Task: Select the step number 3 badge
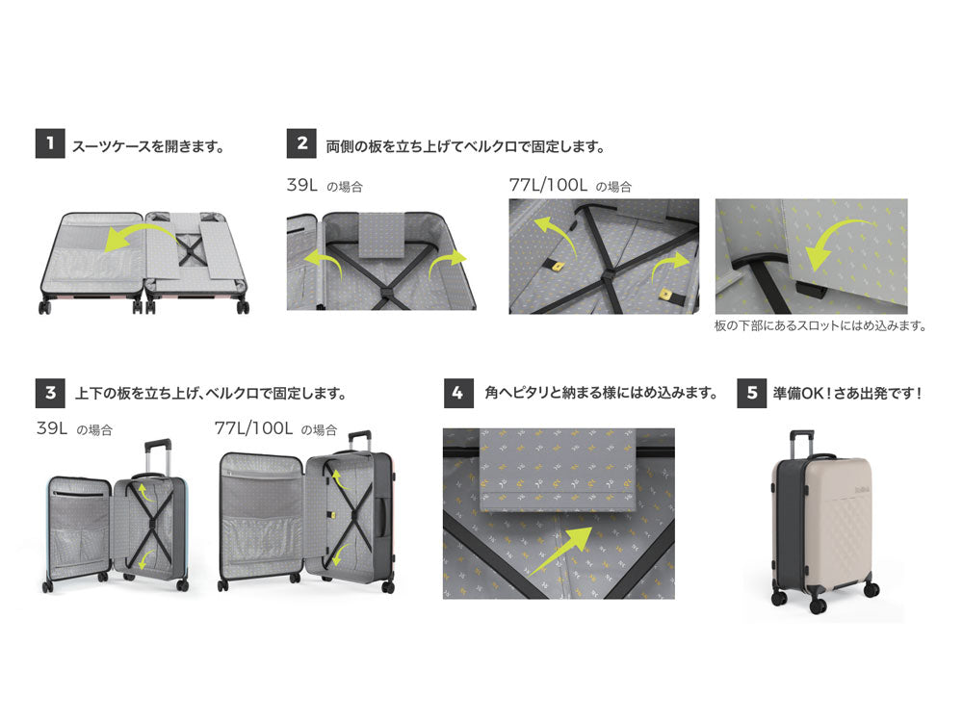point(49,393)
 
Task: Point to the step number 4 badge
point(458,393)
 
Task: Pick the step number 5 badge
point(751,393)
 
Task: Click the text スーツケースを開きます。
point(148,146)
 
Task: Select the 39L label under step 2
point(302,185)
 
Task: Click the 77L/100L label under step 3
point(254,428)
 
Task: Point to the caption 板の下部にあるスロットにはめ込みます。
point(820,325)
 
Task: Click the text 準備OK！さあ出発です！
point(847,394)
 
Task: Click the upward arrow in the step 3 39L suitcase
point(142,494)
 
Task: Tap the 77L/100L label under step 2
point(548,185)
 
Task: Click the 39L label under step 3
point(52,428)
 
